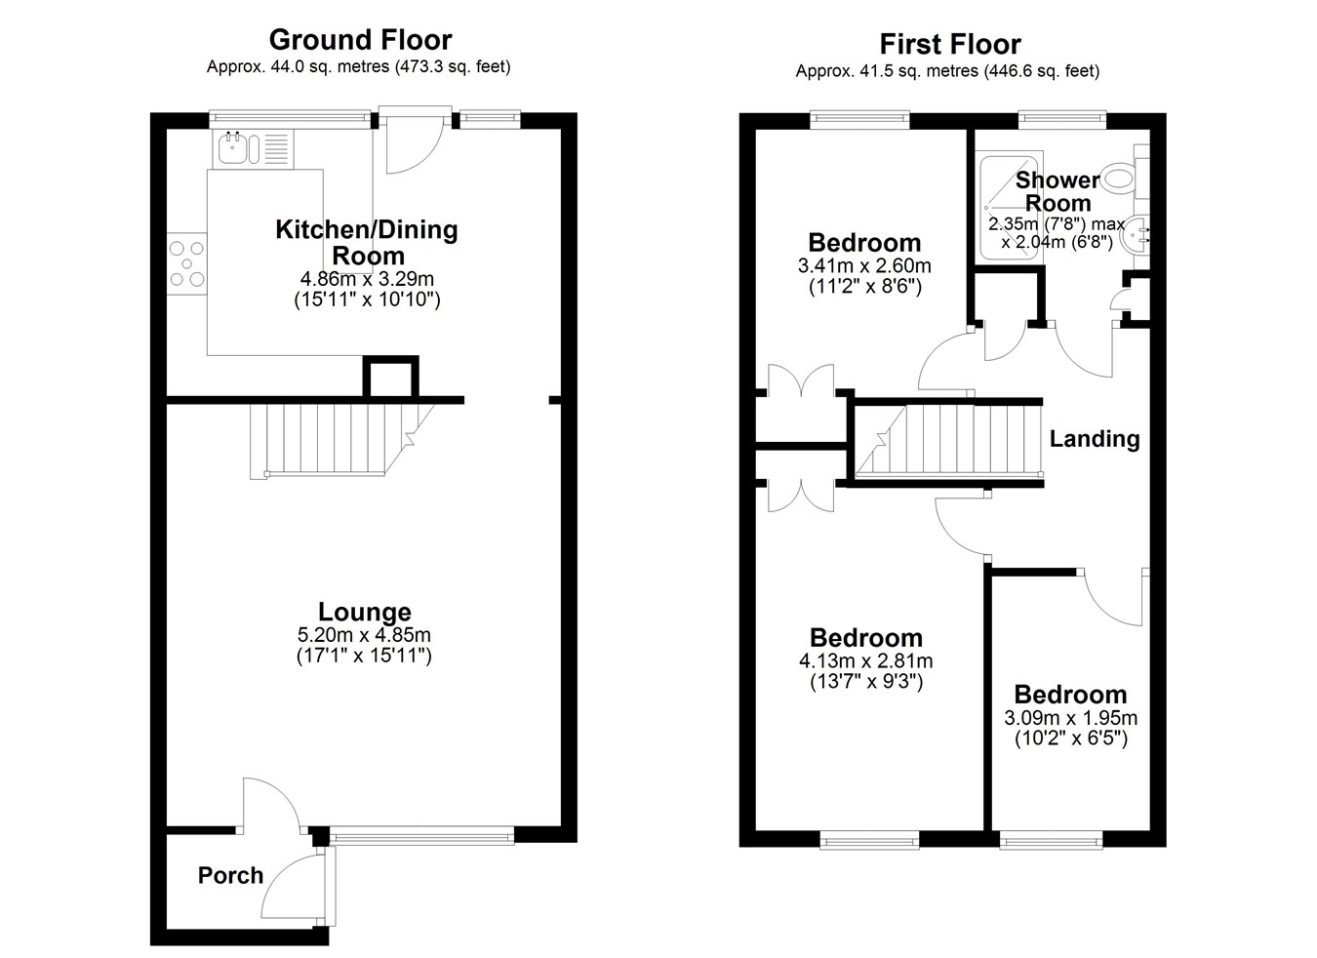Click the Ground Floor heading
coord(360,40)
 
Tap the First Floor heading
coord(950,44)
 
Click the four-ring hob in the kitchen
coord(187,264)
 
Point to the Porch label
coord(230,875)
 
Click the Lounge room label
coord(365,612)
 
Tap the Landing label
coord(1095,439)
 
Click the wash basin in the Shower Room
coord(1135,235)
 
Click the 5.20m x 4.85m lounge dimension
coord(364,634)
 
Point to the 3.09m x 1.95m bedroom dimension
coord(1070,718)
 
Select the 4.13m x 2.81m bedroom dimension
coord(866,661)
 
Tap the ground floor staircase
coord(342,440)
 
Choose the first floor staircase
coord(948,440)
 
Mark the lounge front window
coord(421,835)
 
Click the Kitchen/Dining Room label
coord(366,242)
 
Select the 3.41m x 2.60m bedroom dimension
coord(864,265)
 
